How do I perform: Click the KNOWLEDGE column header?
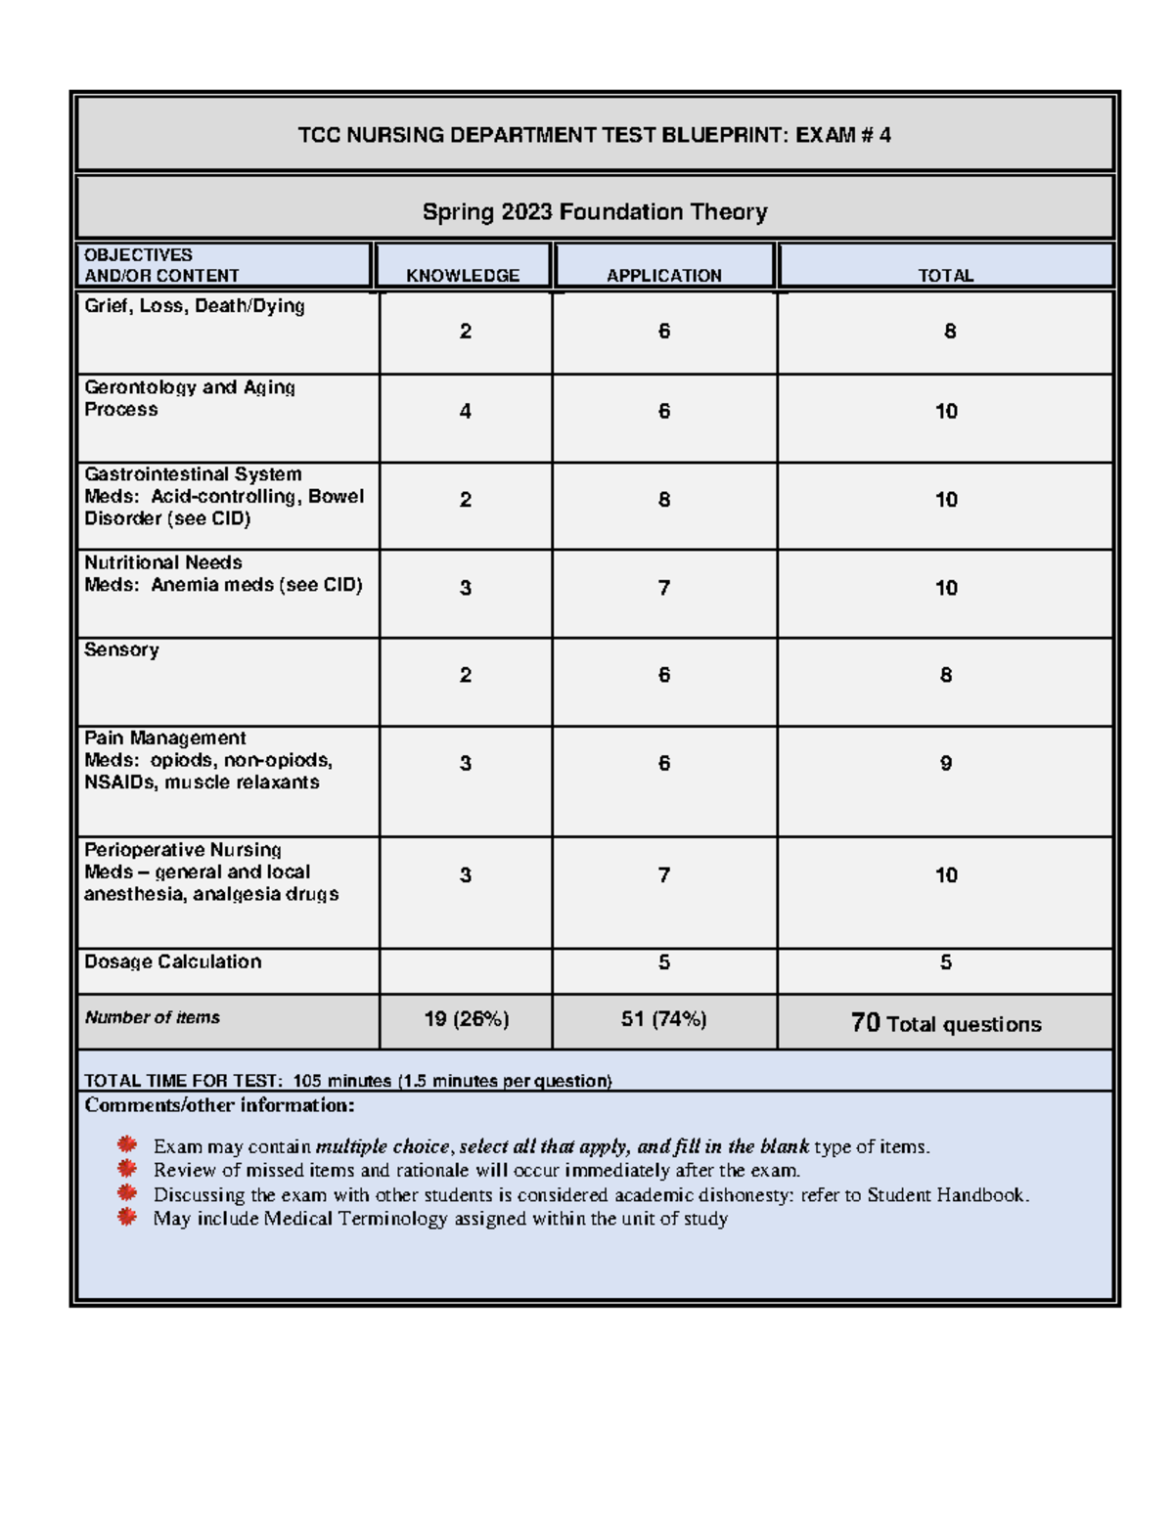pos(463,276)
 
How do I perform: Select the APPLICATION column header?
pos(663,276)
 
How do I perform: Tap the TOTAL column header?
pos(945,276)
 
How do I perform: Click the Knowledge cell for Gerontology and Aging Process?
pos(466,412)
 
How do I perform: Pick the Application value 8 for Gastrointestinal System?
pos(664,500)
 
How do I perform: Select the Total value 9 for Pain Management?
pos(946,763)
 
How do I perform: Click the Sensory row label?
pos(121,650)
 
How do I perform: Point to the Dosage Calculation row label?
pos(173,962)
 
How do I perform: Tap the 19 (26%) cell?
pos(466,1019)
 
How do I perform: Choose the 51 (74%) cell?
pos(663,1019)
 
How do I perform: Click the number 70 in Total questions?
pos(865,1023)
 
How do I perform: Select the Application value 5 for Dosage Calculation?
pos(664,962)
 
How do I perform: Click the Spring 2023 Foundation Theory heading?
pos(594,212)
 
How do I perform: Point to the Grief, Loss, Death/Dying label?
pos(195,306)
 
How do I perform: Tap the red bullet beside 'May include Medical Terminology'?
pos(126,1217)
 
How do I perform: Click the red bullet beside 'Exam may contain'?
pos(126,1144)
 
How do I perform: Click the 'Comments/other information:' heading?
pos(219,1106)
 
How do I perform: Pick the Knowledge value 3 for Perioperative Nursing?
pos(466,875)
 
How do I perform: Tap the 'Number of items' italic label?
pos(152,1018)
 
